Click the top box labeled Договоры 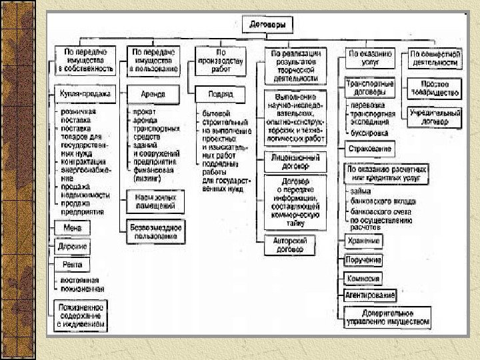click(270, 25)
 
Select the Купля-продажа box click(85, 95)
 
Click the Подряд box click(221, 94)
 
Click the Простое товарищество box click(435, 88)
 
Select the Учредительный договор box click(435, 117)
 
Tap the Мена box click(68, 229)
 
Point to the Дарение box click(73, 247)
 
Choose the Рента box click(71, 265)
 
